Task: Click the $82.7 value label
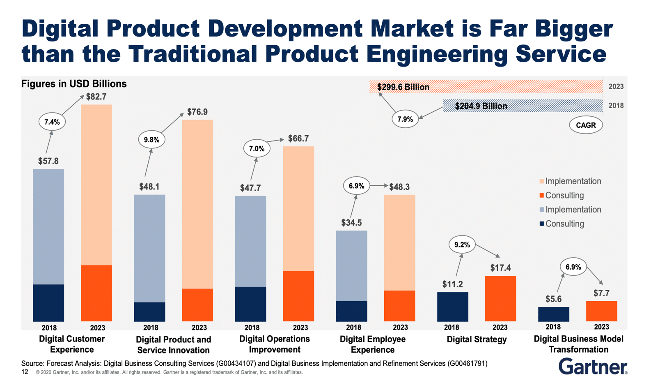click(x=96, y=97)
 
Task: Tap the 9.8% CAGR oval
click(x=151, y=140)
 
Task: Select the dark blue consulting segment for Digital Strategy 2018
click(x=452, y=307)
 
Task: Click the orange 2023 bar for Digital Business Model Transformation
click(x=601, y=311)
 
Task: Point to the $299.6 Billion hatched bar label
click(x=403, y=87)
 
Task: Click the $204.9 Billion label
click(x=481, y=106)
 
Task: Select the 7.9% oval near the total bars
click(x=405, y=119)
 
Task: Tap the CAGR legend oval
click(x=586, y=125)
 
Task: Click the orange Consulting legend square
click(x=541, y=196)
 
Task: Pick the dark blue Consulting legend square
click(x=541, y=224)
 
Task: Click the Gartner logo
click(x=592, y=366)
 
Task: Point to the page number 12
click(x=25, y=372)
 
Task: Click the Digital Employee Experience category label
click(x=373, y=344)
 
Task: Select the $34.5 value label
click(x=351, y=223)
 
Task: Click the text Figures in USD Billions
click(x=74, y=84)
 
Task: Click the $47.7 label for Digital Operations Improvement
click(x=250, y=188)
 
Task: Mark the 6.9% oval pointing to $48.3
click(x=356, y=186)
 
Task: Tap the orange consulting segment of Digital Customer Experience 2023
click(x=96, y=293)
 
